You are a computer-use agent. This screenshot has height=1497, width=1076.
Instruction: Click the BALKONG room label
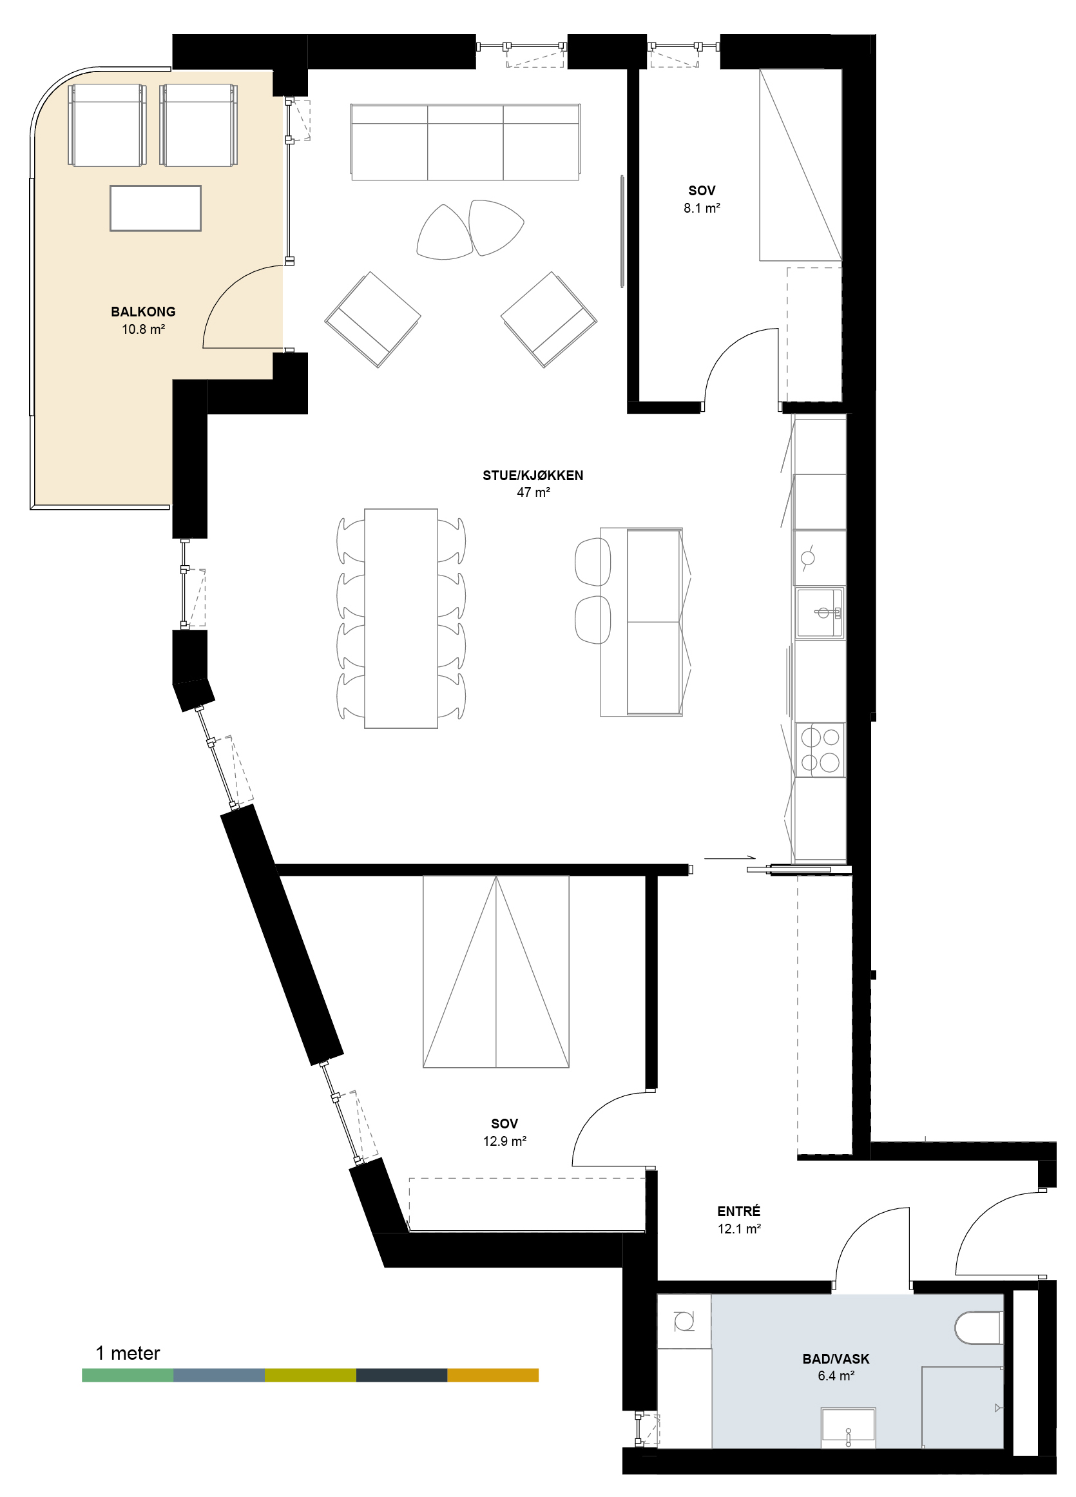pyautogui.click(x=143, y=311)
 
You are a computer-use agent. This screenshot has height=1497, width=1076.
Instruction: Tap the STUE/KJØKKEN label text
pyautogui.click(x=533, y=475)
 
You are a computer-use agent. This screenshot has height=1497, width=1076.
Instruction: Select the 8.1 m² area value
pyautogui.click(x=702, y=208)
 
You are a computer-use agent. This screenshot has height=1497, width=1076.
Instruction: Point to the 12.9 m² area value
pyautogui.click(x=504, y=1141)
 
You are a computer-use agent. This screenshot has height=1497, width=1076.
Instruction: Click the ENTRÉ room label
pyautogui.click(x=738, y=1210)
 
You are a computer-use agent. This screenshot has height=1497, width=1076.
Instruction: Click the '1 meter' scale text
pyautogui.click(x=128, y=1353)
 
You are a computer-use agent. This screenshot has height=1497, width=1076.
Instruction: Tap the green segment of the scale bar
pyautogui.click(x=128, y=1375)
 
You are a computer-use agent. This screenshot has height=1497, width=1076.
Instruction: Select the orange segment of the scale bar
pyautogui.click(x=493, y=1375)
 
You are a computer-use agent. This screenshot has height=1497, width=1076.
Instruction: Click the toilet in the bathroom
pyautogui.click(x=978, y=1328)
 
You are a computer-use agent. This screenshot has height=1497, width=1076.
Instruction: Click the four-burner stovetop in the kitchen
pyautogui.click(x=820, y=749)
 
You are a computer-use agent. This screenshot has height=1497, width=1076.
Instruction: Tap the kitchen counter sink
pyautogui.click(x=820, y=613)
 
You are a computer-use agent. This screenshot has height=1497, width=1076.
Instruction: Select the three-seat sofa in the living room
pyautogui.click(x=465, y=142)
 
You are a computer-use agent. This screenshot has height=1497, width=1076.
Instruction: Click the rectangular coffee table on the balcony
pyautogui.click(x=156, y=208)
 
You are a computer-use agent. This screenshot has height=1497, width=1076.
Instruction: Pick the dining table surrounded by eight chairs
pyautogui.click(x=401, y=618)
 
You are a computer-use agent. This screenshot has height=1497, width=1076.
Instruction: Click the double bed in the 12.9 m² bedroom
pyautogui.click(x=495, y=972)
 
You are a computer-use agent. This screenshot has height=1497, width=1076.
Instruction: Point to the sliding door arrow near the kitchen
pyautogui.click(x=729, y=859)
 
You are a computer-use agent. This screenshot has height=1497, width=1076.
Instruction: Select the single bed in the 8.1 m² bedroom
pyautogui.click(x=801, y=165)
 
